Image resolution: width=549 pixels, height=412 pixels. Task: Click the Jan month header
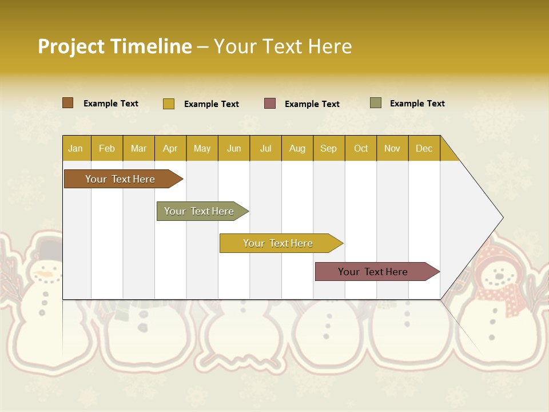75,148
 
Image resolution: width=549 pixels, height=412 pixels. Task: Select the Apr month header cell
170,148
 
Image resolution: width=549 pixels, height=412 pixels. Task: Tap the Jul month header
265,148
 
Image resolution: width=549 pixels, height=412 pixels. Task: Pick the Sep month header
328,148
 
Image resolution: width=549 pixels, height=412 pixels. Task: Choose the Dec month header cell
424,148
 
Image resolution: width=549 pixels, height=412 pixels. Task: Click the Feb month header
107,148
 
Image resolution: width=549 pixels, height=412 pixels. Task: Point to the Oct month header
361,148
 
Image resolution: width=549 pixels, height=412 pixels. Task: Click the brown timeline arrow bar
121,179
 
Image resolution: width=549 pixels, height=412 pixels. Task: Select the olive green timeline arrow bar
200,211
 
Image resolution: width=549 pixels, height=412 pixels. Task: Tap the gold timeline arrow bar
279,243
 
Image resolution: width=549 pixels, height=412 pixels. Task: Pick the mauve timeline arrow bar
373,272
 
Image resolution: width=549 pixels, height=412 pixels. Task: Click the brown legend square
68,103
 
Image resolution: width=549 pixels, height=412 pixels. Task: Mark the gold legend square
168,104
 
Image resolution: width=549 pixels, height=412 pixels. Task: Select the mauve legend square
270,103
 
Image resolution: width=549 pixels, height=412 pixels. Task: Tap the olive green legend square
376,103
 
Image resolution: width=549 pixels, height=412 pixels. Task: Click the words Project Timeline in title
115,46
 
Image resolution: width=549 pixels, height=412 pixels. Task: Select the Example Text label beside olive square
417,104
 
